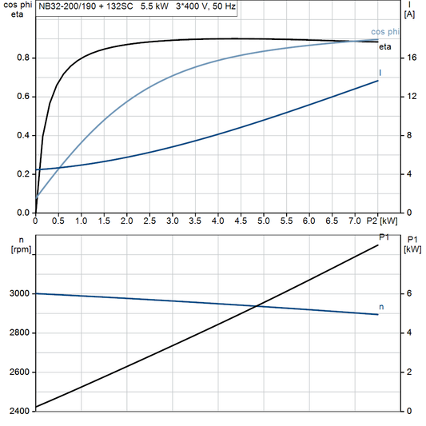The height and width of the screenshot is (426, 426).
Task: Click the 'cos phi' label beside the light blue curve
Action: point(385,32)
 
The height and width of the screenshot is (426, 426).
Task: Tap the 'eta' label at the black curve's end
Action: point(385,46)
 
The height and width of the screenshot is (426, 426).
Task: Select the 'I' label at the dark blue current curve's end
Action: point(380,74)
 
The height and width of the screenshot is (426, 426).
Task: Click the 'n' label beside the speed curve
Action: point(381,307)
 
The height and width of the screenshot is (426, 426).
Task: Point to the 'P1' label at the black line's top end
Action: point(383,237)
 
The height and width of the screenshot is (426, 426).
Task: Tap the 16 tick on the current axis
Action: point(410,58)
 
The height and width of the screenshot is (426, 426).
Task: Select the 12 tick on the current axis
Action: point(410,97)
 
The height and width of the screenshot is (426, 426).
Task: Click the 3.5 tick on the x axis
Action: point(195,221)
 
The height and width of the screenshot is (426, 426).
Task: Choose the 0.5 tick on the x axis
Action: point(58,221)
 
